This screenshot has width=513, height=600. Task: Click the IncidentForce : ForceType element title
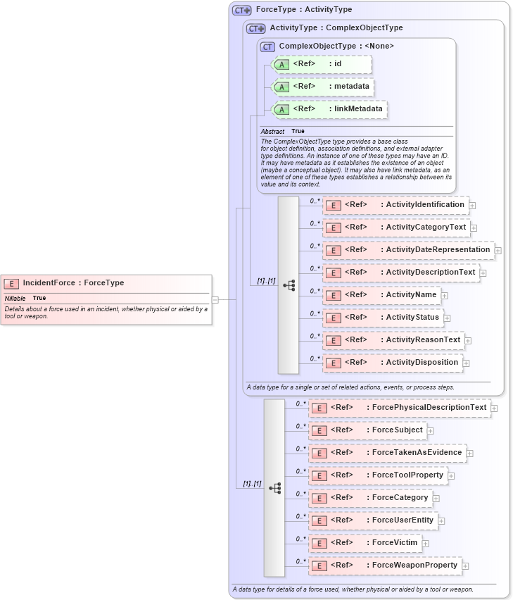[73, 283]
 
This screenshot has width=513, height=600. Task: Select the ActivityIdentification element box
[395, 205]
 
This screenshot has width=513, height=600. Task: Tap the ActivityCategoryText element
[395, 227]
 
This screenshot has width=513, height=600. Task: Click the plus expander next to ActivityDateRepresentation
[498, 250]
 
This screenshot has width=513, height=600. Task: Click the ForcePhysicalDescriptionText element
[399, 408]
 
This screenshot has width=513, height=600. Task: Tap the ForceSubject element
[367, 430]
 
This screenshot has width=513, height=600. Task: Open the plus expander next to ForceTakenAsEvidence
[470, 453]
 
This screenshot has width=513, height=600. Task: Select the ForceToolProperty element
[377, 475]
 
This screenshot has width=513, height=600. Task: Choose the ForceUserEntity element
[372, 520]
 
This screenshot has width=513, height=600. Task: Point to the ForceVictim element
[364, 543]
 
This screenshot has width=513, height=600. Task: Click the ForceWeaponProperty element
[384, 565]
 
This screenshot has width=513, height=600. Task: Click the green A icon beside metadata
[281, 87]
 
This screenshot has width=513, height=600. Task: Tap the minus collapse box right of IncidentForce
[215, 299]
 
